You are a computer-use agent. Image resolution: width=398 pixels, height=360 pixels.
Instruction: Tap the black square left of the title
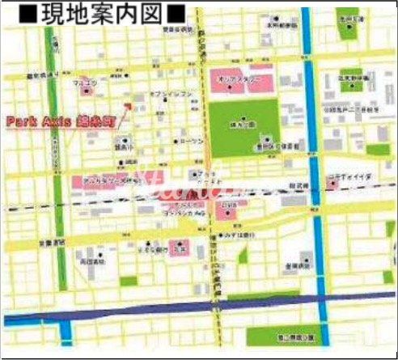[x=27, y=14]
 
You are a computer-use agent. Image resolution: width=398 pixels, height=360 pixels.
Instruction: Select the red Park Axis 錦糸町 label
[x=59, y=122]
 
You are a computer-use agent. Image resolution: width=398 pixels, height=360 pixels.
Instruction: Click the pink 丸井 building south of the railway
[x=228, y=210]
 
